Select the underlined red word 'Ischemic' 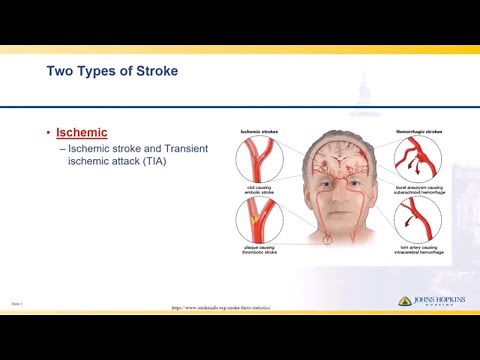[81, 133]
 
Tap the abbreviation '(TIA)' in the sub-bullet [155, 161]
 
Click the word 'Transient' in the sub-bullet [181, 149]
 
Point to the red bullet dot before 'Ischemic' [48, 133]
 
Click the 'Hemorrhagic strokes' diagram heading [417, 131]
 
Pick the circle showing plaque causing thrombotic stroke [259, 221]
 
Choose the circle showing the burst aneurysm [417, 159]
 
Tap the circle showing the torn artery [417, 220]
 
